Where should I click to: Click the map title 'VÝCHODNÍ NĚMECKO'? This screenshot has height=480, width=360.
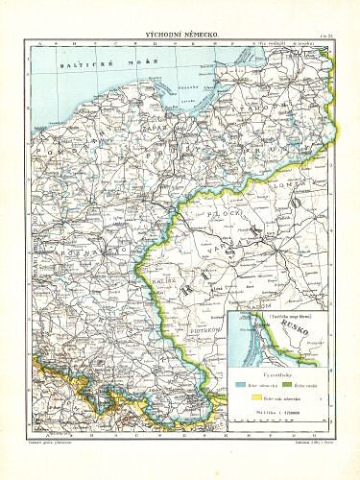click(x=180, y=34)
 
